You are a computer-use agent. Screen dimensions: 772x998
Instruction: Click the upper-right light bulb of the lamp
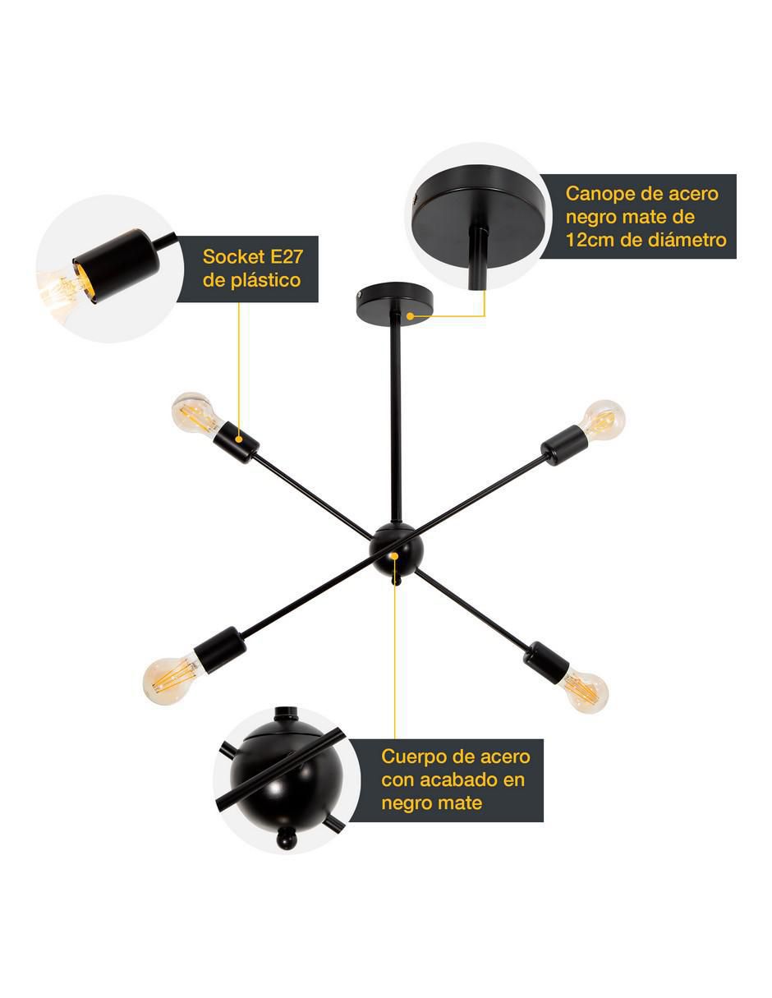click(601, 421)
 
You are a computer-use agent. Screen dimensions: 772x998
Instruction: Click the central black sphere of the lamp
click(394, 550)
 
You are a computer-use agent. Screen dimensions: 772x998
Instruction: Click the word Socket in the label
click(233, 257)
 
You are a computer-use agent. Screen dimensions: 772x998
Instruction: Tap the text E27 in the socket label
click(287, 257)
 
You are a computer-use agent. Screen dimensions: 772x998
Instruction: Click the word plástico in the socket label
click(266, 281)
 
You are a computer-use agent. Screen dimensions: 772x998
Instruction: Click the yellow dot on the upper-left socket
click(239, 439)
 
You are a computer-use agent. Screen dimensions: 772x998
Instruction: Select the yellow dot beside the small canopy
click(410, 316)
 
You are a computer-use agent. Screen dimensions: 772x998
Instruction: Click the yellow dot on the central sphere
click(394, 556)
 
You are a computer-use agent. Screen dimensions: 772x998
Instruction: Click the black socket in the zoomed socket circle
click(117, 265)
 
